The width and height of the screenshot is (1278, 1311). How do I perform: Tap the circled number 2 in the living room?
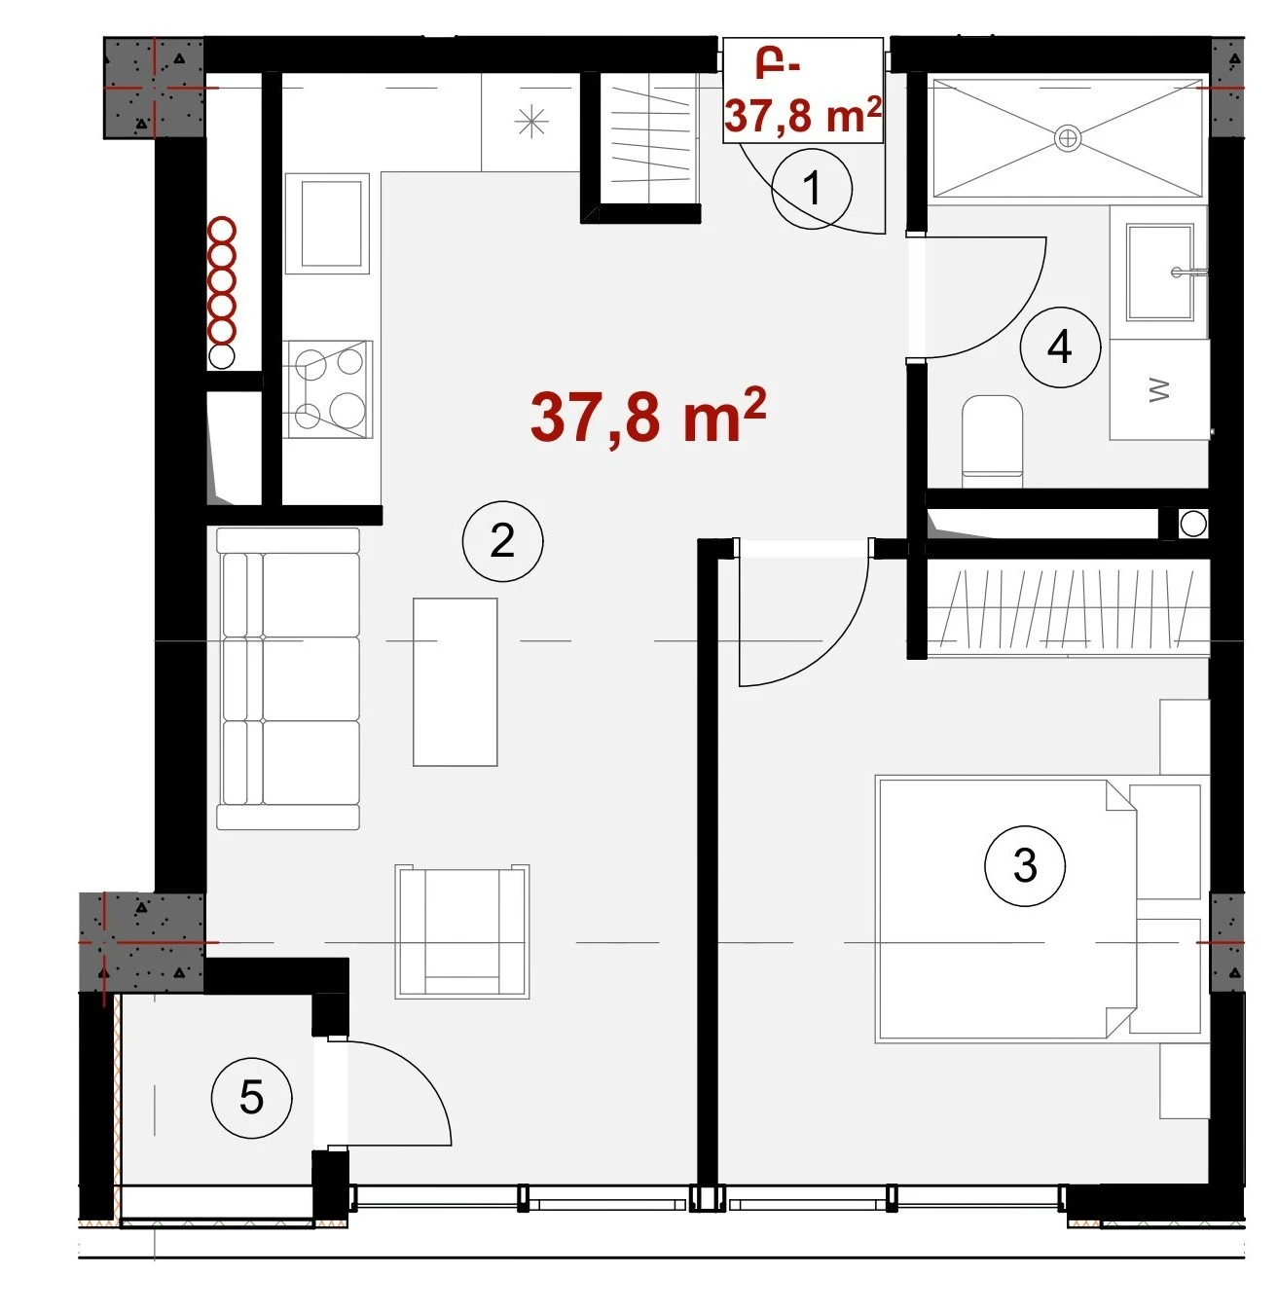pyautogui.click(x=502, y=541)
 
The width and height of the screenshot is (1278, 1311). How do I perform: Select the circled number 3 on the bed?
pyautogui.click(x=1024, y=865)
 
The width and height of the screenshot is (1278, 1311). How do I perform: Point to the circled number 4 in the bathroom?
pyautogui.click(x=1060, y=347)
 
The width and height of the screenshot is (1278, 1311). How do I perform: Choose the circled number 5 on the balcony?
pyautogui.click(x=251, y=1098)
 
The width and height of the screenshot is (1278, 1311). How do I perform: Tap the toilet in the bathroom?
pyautogui.click(x=992, y=441)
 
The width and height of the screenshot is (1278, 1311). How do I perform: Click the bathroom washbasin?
pyautogui.click(x=1158, y=272)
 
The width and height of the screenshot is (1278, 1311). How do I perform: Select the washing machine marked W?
pyautogui.click(x=1158, y=389)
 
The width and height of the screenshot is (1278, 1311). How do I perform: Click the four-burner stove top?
pyautogui.click(x=328, y=389)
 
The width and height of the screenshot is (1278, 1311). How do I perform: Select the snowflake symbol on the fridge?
pyautogui.click(x=530, y=122)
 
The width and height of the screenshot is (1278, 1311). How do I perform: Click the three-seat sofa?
pyautogui.click(x=288, y=678)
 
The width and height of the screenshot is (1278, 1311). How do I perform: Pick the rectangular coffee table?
pyautogui.click(x=455, y=681)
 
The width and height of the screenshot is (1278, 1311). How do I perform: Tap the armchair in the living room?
pyautogui.click(x=462, y=931)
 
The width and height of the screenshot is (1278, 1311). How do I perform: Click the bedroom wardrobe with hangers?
pyautogui.click(x=1067, y=609)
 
